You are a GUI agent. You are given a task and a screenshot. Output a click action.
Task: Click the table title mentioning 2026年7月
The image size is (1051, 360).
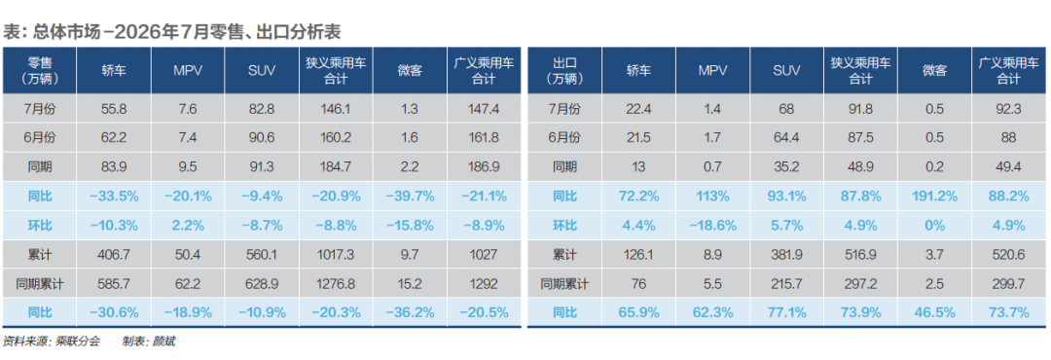[x=174, y=31]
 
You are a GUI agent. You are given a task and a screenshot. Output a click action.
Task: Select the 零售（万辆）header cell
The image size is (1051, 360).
[x=40, y=70]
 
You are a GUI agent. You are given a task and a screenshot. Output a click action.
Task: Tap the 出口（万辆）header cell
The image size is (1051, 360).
[x=564, y=70]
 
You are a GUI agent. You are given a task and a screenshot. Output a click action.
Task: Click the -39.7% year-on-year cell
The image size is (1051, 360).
[x=411, y=196]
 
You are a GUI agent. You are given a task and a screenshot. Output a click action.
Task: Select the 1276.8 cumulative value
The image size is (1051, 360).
[x=337, y=283]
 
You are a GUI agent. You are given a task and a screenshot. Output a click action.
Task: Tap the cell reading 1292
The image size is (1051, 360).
[x=486, y=283]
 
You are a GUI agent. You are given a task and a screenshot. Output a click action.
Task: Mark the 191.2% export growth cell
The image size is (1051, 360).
[x=936, y=196]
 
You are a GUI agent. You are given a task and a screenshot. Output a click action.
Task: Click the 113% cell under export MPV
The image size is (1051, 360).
[x=713, y=196]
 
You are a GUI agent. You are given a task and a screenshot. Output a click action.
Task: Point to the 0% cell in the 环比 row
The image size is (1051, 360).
[x=936, y=226]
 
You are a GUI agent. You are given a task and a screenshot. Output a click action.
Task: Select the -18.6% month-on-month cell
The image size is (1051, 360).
[x=713, y=226]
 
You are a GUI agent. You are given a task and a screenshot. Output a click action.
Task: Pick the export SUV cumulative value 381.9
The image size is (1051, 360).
[x=787, y=254]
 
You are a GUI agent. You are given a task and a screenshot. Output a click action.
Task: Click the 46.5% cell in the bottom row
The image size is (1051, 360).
[x=936, y=312]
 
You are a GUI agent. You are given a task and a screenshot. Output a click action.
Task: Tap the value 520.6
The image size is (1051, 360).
[x=1010, y=254]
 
